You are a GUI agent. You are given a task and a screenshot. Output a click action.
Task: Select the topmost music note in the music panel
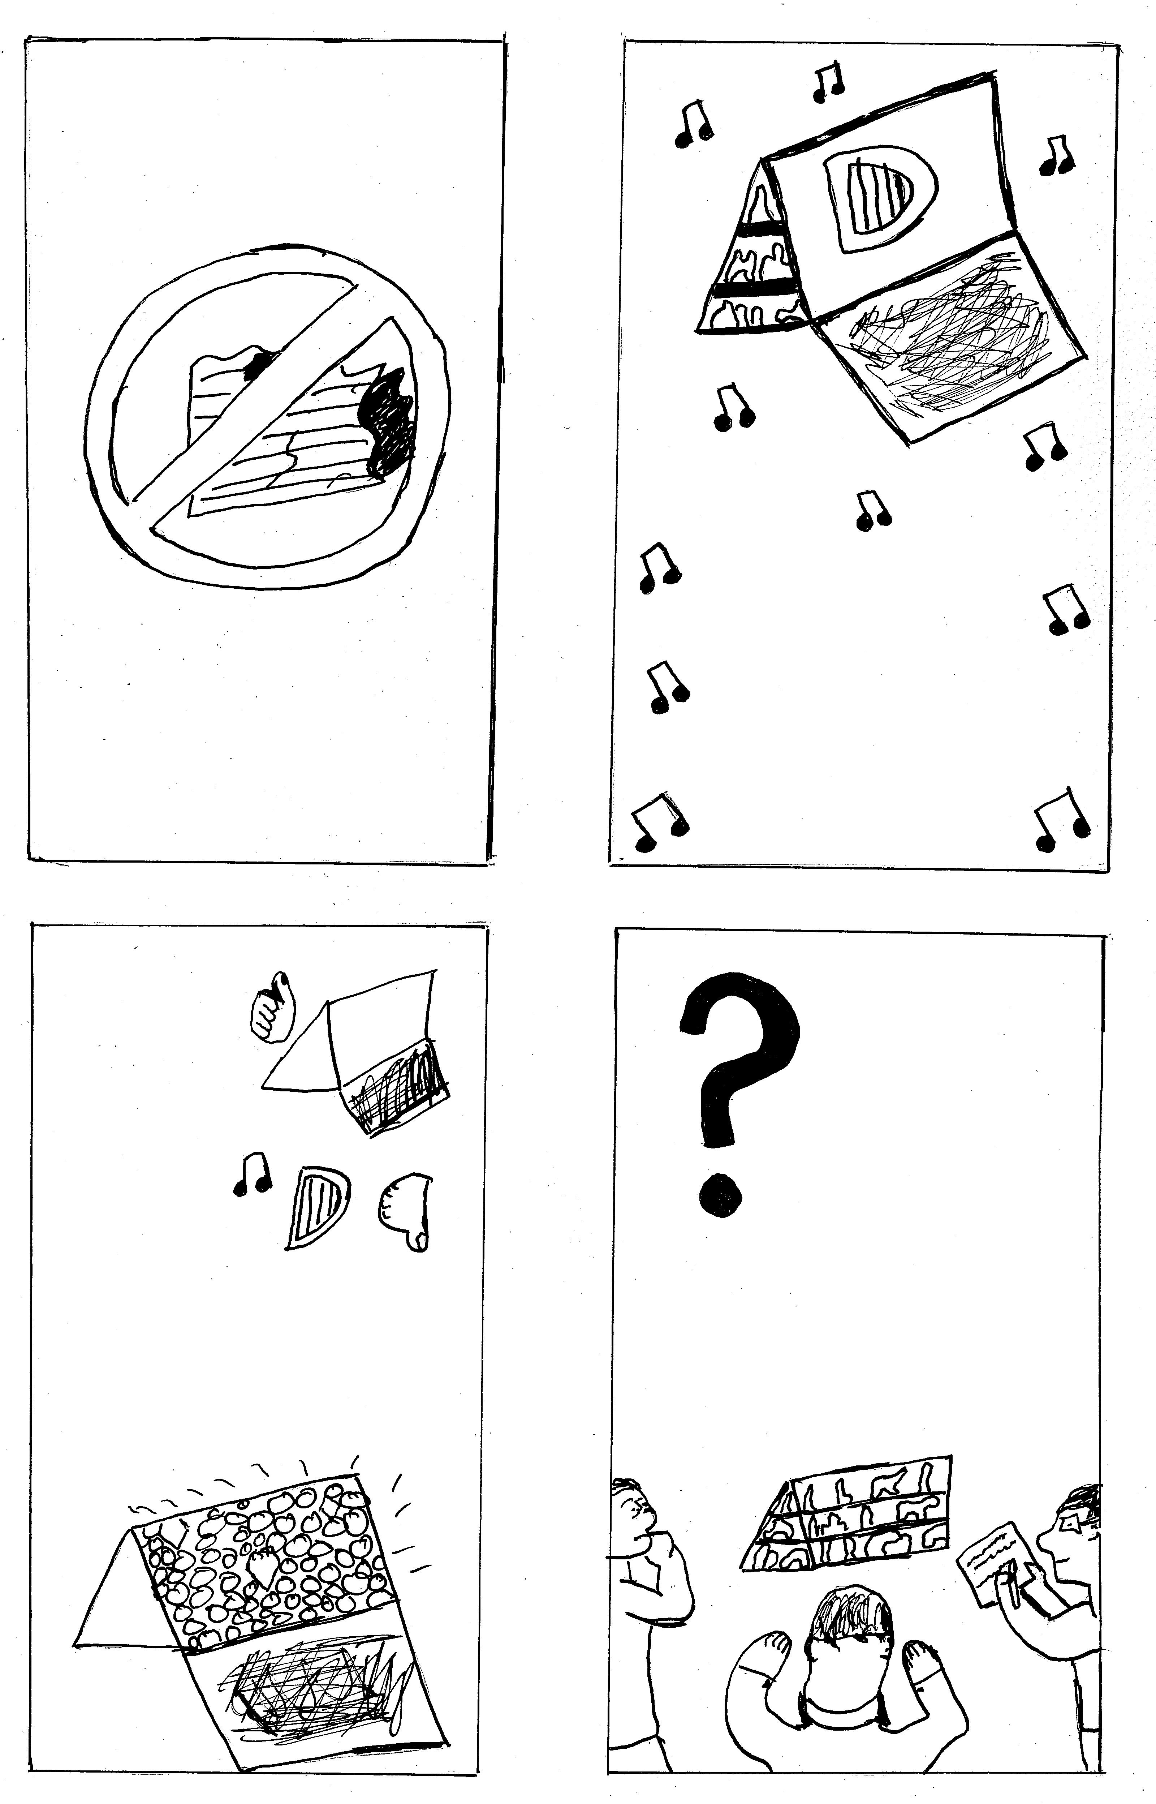[829, 81]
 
